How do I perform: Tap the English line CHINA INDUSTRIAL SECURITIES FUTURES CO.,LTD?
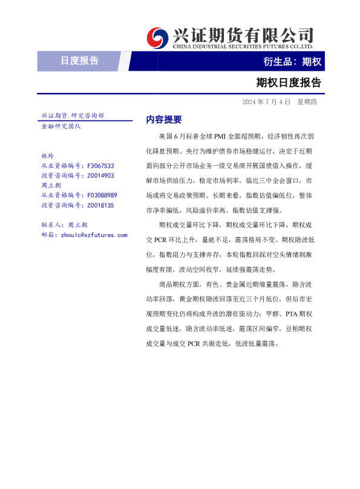[243, 46]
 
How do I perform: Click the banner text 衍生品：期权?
[292, 61]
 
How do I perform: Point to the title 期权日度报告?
[289, 82]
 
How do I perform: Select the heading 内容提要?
[164, 119]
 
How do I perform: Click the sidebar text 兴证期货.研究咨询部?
[72, 115]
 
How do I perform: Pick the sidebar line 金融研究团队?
[61, 126]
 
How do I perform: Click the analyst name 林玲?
[47, 156]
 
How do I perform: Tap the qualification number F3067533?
[100, 165]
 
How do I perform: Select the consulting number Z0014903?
[100, 176]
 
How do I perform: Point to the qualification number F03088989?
[102, 195]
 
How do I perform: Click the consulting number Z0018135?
[100, 205]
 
